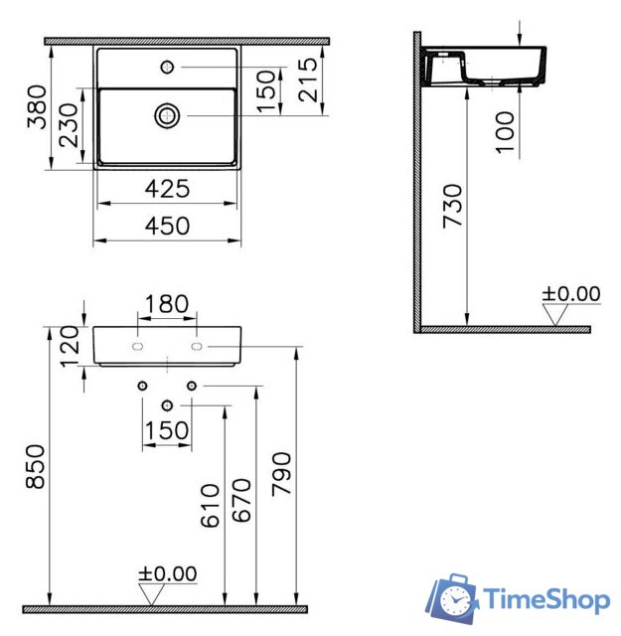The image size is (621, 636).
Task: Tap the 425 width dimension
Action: pyautogui.click(x=167, y=189)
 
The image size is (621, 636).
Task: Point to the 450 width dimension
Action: pyautogui.click(x=167, y=227)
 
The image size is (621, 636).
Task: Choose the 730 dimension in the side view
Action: pyautogui.click(x=451, y=205)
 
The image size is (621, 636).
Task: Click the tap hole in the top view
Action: pyautogui.click(x=167, y=68)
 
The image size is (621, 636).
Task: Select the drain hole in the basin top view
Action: pyautogui.click(x=167, y=115)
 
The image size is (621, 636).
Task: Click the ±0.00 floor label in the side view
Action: pyautogui.click(x=571, y=293)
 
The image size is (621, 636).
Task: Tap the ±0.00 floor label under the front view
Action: pyautogui.click(x=167, y=574)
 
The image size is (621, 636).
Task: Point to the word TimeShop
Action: pyautogui.click(x=545, y=600)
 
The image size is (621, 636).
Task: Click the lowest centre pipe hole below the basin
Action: pyautogui.click(x=167, y=403)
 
